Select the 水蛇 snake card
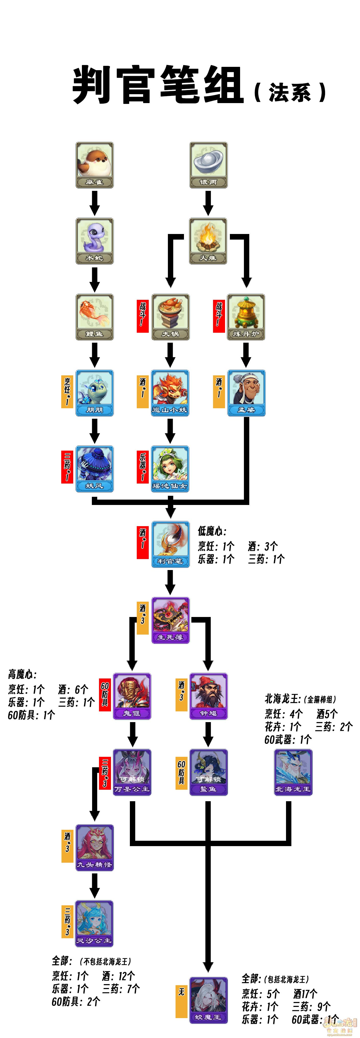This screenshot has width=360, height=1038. click(95, 241)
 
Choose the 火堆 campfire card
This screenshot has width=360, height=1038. click(208, 241)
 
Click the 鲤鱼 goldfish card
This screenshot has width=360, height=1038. click(95, 317)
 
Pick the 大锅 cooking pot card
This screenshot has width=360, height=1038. click(170, 317)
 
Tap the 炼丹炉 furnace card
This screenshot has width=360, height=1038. click(246, 317)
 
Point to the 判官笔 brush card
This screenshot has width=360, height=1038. click(170, 544)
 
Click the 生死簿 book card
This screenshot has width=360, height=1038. click(170, 620)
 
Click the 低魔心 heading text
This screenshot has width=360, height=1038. click(212, 531)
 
